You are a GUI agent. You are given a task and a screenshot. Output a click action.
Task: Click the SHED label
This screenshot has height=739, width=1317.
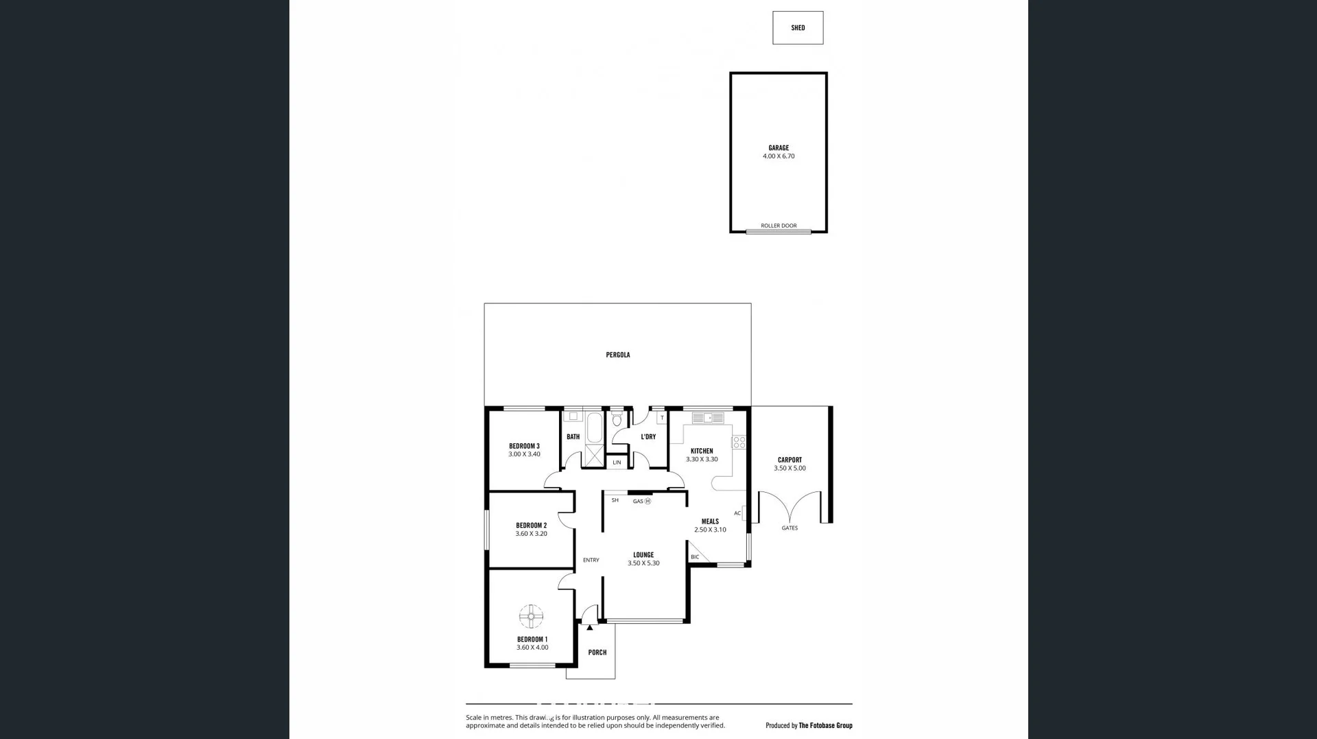tap(798, 28)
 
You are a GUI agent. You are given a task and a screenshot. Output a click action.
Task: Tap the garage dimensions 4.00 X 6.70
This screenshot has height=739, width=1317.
tap(779, 156)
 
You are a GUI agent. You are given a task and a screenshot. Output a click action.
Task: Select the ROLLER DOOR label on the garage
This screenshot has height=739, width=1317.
tap(779, 226)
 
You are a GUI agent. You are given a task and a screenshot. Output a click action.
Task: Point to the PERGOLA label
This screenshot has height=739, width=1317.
tap(617, 355)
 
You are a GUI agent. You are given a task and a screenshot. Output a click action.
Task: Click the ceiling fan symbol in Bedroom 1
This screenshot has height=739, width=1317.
tap(531, 616)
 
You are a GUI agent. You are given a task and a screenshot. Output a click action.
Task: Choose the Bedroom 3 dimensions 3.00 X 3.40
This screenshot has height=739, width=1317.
tap(524, 454)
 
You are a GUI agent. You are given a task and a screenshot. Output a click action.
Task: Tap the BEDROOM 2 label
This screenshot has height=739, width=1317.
tap(531, 526)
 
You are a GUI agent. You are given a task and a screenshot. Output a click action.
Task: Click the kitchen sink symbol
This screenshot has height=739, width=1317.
tap(708, 417)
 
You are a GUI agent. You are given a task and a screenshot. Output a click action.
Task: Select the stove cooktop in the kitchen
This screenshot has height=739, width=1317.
tap(739, 442)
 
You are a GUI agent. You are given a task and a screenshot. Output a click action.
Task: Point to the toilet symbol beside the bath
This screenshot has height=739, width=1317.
tap(617, 419)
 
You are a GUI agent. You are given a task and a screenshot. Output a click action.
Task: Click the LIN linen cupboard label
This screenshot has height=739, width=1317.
tap(617, 462)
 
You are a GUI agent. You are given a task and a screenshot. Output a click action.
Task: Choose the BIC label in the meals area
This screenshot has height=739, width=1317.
tap(695, 556)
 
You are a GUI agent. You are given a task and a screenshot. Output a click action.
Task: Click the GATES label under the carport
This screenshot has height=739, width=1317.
tap(790, 528)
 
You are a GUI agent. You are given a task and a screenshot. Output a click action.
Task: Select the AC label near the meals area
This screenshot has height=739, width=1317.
tap(737, 513)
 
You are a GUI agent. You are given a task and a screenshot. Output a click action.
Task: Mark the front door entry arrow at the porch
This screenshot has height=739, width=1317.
tap(589, 627)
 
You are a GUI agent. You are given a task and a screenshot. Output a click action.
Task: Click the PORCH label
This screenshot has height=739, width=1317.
tap(597, 653)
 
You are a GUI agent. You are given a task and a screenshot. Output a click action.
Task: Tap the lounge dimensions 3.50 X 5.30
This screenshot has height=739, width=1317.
tap(643, 563)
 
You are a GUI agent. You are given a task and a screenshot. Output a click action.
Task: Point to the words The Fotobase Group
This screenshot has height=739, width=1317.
tap(825, 725)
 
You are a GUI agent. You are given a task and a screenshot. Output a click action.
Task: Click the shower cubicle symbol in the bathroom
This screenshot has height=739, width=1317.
tap(594, 456)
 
